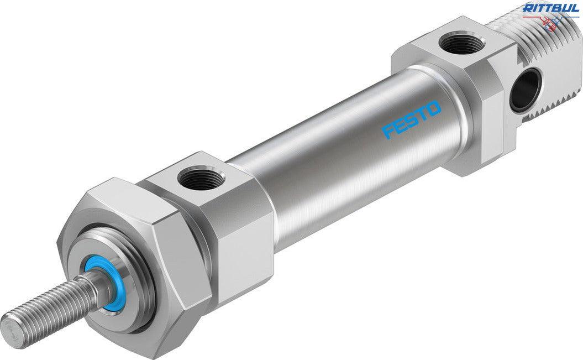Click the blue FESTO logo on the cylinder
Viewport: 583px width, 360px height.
point(412,119)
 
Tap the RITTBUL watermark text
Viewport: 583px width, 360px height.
point(550,8)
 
